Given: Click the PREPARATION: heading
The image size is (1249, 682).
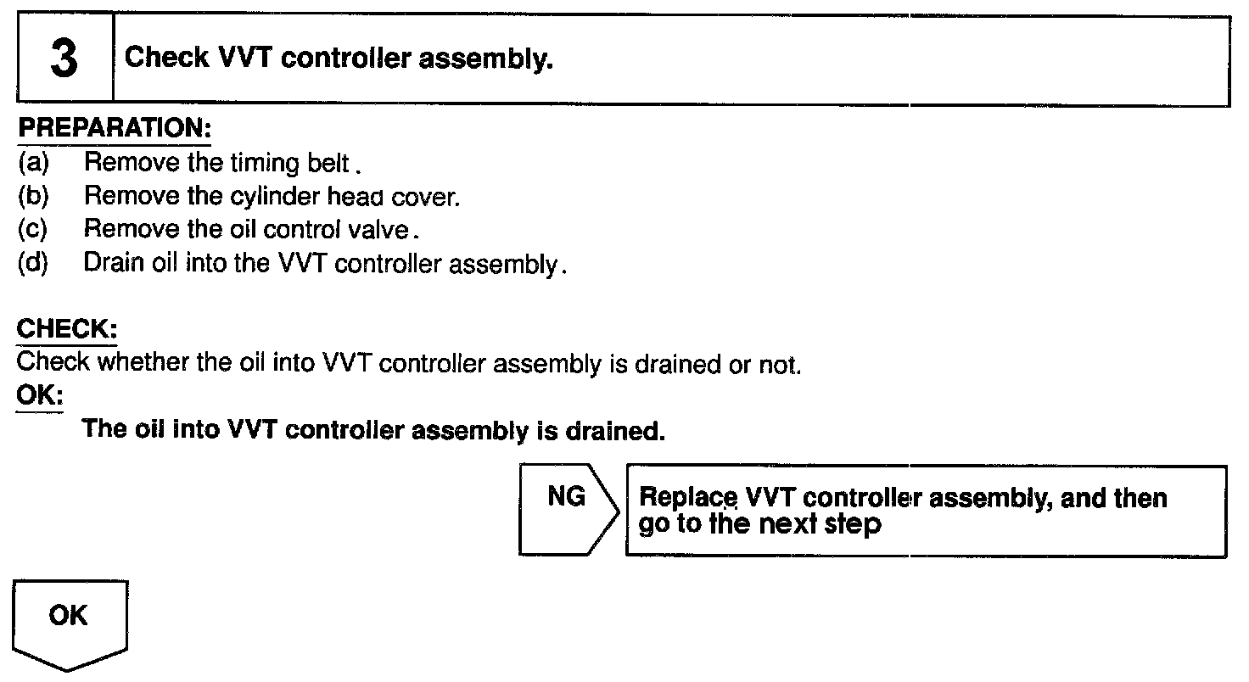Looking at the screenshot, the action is (x=114, y=130).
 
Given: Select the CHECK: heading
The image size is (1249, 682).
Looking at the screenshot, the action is (x=67, y=329).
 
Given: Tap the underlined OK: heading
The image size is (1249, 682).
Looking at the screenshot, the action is (x=39, y=397).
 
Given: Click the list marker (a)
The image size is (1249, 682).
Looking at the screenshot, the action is (x=33, y=162).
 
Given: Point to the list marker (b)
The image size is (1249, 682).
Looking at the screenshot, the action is (x=33, y=196).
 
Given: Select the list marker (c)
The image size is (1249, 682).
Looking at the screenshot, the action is (x=33, y=230).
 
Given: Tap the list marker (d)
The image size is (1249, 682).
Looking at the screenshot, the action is (x=33, y=264).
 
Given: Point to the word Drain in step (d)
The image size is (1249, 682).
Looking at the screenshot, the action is (x=109, y=264).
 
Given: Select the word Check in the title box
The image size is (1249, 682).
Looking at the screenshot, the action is (x=166, y=59).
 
